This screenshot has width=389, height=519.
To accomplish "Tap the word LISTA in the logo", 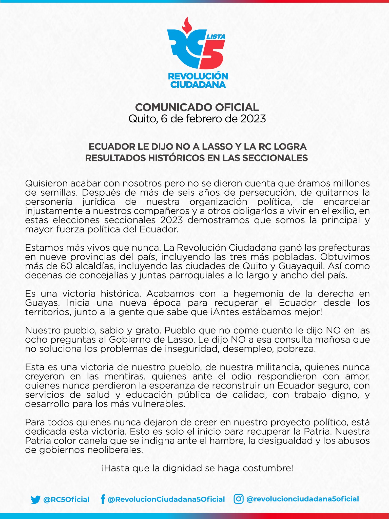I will pos(216,37).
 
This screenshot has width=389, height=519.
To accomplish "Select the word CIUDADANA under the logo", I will pos(198,84).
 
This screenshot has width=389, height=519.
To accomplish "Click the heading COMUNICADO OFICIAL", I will pos(197,107).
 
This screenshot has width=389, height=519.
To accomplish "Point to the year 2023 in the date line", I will pos(253,119).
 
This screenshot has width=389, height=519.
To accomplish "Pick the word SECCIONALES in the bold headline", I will pos(275,158).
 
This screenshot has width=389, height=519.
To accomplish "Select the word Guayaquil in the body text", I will pos(302,266).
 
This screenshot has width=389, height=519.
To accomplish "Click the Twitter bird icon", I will pos(35,499).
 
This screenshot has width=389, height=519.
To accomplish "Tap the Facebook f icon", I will pos(103,499).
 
